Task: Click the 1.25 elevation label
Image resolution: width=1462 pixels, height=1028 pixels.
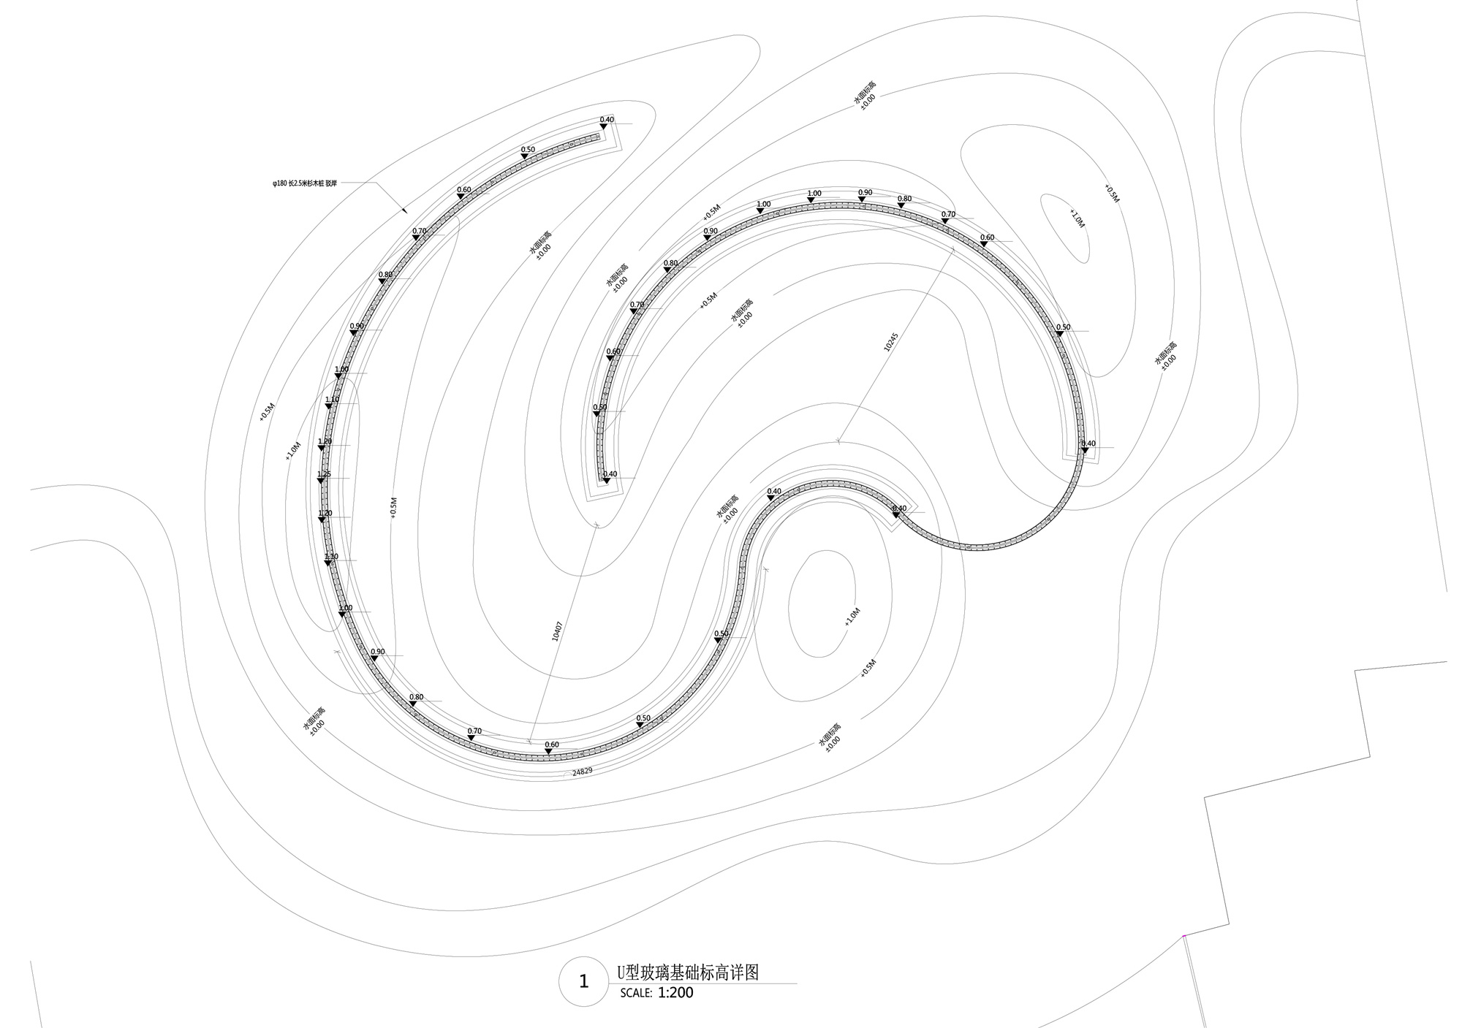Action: click(x=324, y=474)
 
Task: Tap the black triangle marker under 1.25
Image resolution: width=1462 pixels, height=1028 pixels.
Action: click(x=320, y=481)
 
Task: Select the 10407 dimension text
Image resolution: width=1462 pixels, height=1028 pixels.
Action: click(x=557, y=632)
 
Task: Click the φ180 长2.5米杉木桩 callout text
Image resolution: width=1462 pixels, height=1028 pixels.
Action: click(x=305, y=184)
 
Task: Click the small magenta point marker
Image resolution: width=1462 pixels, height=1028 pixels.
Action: click(x=1183, y=936)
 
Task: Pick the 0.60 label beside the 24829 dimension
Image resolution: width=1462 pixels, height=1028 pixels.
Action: click(x=551, y=745)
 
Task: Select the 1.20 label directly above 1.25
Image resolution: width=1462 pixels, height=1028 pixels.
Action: click(x=325, y=441)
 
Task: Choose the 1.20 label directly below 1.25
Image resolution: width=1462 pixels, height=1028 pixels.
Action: click(x=325, y=513)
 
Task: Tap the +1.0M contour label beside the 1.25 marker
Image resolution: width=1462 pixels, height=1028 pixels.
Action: click(x=293, y=451)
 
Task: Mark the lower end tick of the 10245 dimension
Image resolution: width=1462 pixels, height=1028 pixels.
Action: click(x=838, y=441)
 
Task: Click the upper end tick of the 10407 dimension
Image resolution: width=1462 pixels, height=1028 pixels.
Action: click(x=597, y=524)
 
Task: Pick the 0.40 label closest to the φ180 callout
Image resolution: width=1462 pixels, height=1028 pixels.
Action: click(x=607, y=119)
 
